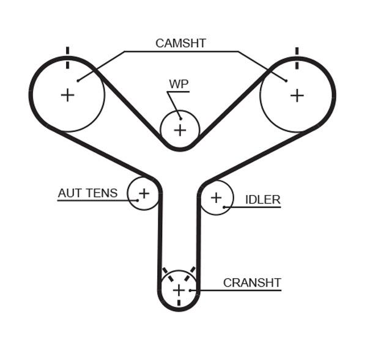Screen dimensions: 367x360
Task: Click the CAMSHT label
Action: pyautogui.click(x=180, y=43)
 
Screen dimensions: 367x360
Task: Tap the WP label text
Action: pyautogui.click(x=179, y=84)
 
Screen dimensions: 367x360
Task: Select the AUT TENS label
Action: pyautogui.click(x=87, y=193)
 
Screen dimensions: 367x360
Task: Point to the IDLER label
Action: pyautogui.click(x=262, y=200)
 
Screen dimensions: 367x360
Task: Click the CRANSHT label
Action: pyautogui.click(x=252, y=283)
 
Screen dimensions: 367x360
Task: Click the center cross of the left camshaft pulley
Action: pyautogui.click(x=68, y=95)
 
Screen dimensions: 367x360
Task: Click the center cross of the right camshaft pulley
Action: pyautogui.click(x=297, y=95)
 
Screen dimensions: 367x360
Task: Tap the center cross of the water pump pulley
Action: pyautogui.click(x=180, y=130)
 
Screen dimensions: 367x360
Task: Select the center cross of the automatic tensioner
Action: pyautogui.click(x=144, y=194)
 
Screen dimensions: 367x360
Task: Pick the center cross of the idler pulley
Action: pyautogui.click(x=217, y=198)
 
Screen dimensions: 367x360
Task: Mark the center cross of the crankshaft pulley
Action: pyautogui.click(x=179, y=290)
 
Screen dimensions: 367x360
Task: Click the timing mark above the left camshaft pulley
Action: pyautogui.click(x=68, y=58)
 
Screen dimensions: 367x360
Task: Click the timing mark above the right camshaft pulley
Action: pyautogui.click(x=297, y=58)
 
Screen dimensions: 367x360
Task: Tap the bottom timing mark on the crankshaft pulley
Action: pyautogui.click(x=179, y=303)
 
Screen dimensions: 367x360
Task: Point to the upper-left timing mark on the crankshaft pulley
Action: pyautogui.click(x=168, y=274)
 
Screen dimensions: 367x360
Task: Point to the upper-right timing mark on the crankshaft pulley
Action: pyautogui.click(x=190, y=274)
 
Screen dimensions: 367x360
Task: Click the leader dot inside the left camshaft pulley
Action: pyautogui.click(x=78, y=81)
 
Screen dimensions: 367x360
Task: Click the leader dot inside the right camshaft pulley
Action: pyautogui.click(x=286, y=81)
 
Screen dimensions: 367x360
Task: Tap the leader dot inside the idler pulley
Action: pyautogui.click(x=224, y=207)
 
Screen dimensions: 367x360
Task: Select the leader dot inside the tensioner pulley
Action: pyautogui.click(x=138, y=200)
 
